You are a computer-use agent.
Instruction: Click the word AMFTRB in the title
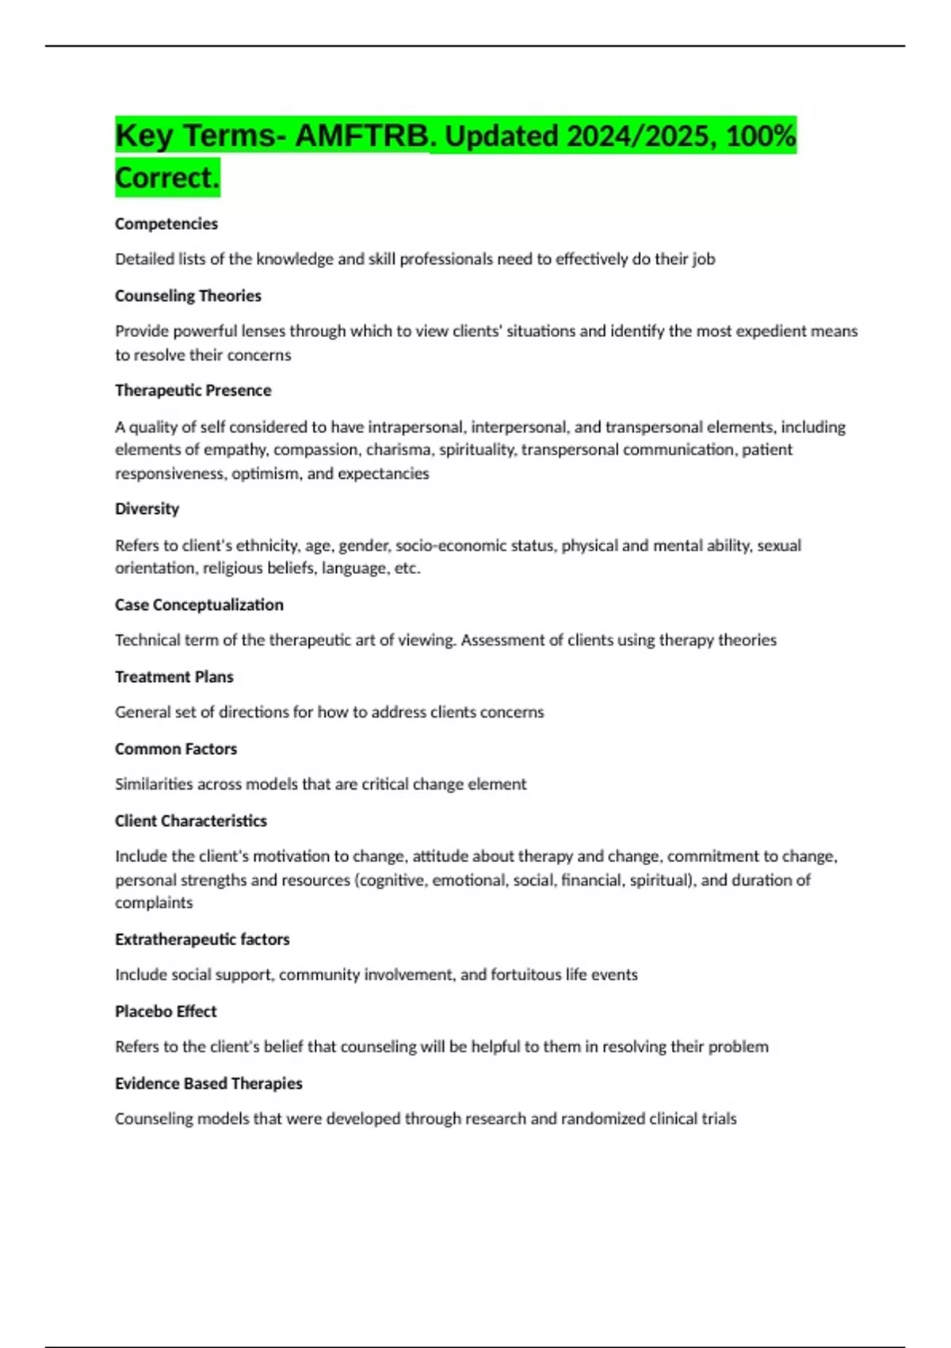tap(361, 136)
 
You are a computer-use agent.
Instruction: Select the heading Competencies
tap(166, 224)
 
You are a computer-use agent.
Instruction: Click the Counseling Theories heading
tap(188, 296)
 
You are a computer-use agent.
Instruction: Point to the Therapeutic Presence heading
tap(193, 390)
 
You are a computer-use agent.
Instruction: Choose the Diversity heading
tap(147, 509)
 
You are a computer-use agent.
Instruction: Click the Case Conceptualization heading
tap(199, 605)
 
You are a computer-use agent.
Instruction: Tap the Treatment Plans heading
tap(174, 677)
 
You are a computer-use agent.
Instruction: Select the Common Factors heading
tap(176, 749)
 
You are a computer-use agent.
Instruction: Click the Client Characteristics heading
tap(190, 821)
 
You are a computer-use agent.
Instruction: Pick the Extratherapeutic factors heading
tap(202, 940)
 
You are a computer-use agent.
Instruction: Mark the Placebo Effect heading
tap(166, 1012)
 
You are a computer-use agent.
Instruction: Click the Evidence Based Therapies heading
tap(208, 1084)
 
